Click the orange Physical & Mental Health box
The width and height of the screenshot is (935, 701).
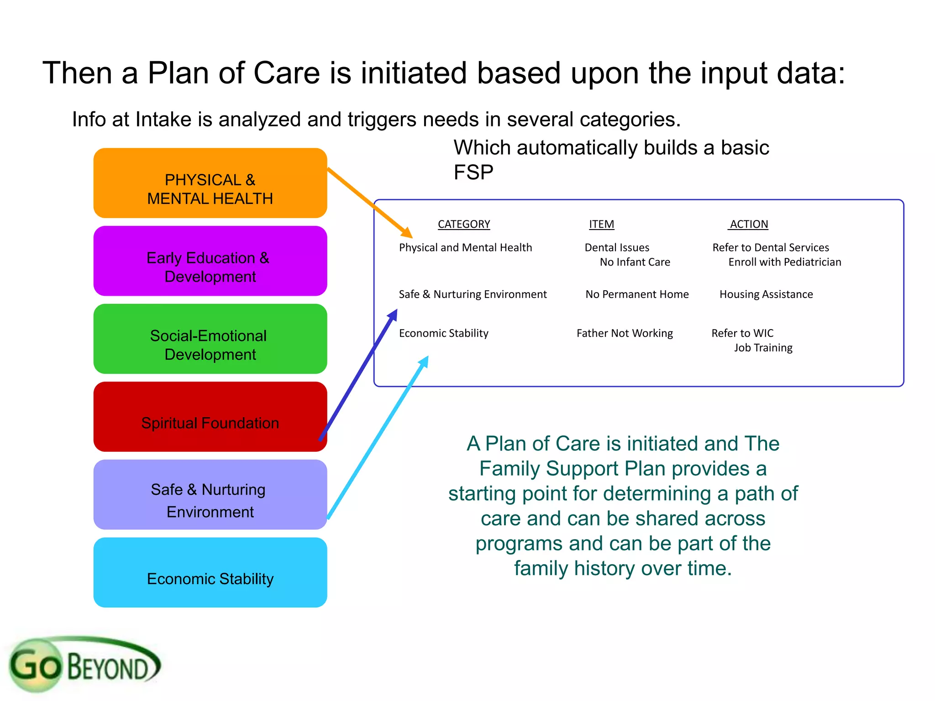click(210, 183)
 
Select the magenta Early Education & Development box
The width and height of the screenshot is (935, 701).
click(210, 261)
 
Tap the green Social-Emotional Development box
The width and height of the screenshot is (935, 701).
click(210, 339)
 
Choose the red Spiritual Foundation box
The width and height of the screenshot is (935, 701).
click(210, 417)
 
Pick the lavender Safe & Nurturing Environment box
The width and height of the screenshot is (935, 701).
click(210, 495)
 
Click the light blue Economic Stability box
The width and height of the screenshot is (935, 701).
click(210, 572)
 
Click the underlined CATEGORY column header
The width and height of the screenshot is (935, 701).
click(464, 224)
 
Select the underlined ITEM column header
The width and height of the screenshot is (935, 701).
click(601, 224)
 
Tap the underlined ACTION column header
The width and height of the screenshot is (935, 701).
click(749, 224)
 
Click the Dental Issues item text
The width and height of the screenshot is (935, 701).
click(617, 247)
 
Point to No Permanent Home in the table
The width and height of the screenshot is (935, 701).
click(637, 294)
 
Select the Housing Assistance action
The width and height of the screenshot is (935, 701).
click(766, 294)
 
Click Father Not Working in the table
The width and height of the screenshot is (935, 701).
click(625, 333)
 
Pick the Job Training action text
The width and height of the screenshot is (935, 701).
click(763, 348)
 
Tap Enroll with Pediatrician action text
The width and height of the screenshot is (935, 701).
click(784, 262)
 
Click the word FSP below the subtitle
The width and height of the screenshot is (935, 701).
click(473, 173)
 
